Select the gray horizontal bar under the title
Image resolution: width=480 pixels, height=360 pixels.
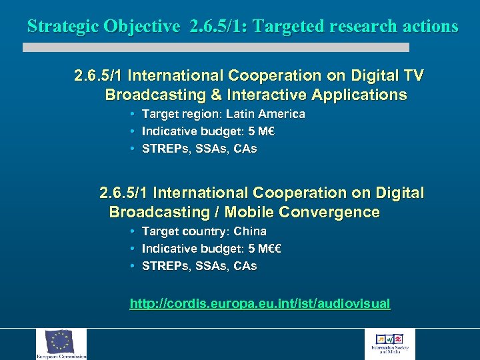[215, 47]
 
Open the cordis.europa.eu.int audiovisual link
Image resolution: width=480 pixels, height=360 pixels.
[260, 304]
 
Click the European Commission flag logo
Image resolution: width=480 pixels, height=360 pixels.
[61, 343]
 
